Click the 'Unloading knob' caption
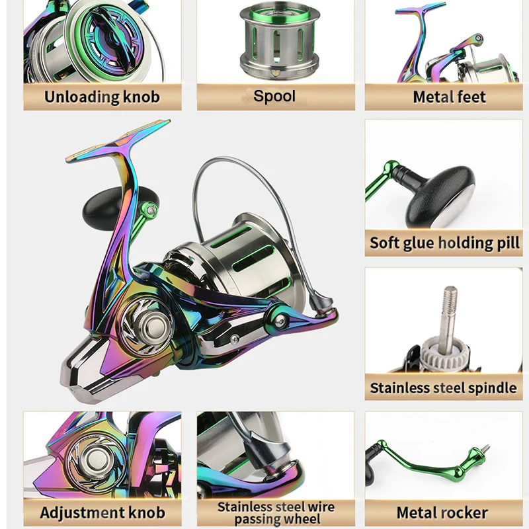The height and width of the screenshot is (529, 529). (x=102, y=97)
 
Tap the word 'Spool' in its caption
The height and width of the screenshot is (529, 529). (x=274, y=96)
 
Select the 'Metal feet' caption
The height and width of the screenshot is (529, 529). (x=449, y=97)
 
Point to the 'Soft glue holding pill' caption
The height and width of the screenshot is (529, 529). (x=444, y=242)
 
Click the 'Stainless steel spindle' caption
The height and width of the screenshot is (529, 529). (x=443, y=387)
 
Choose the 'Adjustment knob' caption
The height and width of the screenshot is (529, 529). (x=102, y=512)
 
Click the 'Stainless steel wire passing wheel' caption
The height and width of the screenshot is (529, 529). (x=276, y=513)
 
